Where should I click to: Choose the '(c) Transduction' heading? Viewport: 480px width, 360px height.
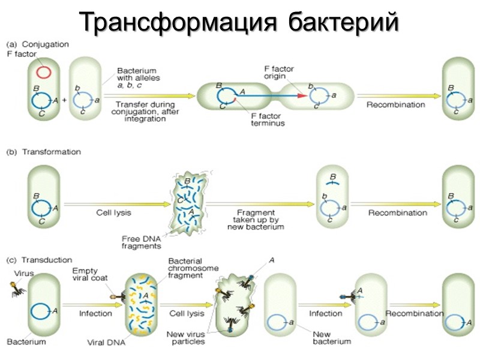tap(41, 260)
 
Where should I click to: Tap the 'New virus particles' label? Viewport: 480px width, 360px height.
tap(187, 337)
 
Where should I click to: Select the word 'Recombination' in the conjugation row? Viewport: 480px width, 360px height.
tap(395, 104)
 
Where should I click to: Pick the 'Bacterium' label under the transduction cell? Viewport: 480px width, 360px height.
tap(26, 342)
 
